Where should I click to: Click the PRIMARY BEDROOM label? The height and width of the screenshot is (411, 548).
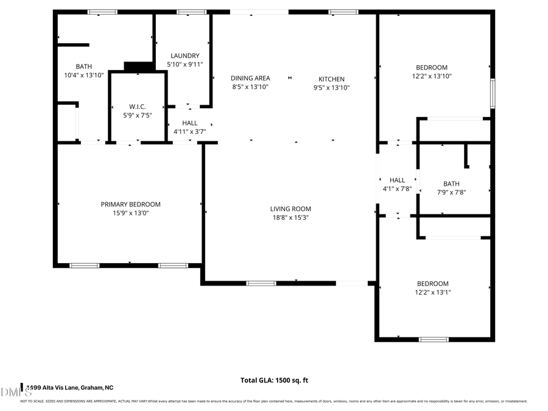click(x=130, y=205)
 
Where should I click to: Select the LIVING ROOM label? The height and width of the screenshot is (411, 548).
click(x=290, y=209)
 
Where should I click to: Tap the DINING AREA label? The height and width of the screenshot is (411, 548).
click(x=250, y=79)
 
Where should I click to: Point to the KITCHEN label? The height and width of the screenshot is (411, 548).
click(x=332, y=79)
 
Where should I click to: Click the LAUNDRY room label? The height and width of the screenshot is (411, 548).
click(x=184, y=56)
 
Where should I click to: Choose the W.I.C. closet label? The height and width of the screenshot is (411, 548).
click(x=137, y=107)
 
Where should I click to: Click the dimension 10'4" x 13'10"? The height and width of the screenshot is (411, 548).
click(x=84, y=76)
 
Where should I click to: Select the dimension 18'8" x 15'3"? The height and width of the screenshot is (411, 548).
click(x=290, y=217)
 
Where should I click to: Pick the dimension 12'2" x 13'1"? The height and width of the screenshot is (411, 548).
click(x=432, y=292)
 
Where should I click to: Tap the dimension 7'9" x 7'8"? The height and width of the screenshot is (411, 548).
click(x=451, y=192)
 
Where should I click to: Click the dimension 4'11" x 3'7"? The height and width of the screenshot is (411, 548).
click(x=189, y=132)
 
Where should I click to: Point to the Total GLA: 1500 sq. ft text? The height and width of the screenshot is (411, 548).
click(x=274, y=381)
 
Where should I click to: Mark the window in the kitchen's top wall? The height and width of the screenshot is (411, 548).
click(x=343, y=12)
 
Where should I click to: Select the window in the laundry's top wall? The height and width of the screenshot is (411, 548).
click(x=191, y=12)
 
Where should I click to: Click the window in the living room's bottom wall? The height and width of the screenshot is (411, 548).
click(x=261, y=283)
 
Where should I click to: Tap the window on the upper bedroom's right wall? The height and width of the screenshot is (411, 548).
click(x=493, y=93)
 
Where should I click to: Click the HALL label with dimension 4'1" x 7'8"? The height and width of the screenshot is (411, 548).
click(x=397, y=180)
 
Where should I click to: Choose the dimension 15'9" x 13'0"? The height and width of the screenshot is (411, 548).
click(x=130, y=213)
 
